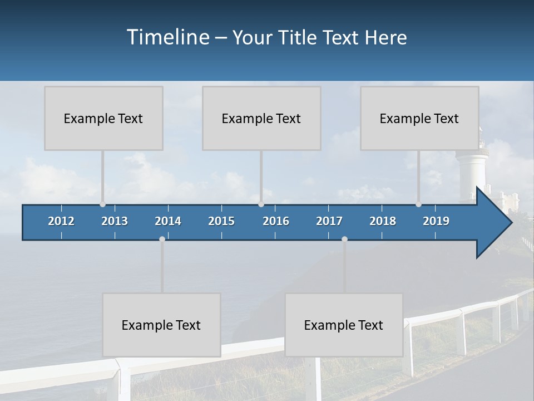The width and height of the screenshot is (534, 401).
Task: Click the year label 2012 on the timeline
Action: [61, 221]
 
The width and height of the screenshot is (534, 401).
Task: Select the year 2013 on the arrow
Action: [115, 221]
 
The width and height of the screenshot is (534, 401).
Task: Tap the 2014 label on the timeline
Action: [168, 221]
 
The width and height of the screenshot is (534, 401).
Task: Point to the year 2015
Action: [221, 221]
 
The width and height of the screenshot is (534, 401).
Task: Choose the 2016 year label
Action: [276, 221]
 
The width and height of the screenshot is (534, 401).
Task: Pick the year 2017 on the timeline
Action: [329, 221]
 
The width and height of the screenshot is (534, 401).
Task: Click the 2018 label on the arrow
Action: [383, 221]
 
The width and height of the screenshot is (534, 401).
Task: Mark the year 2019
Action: [436, 221]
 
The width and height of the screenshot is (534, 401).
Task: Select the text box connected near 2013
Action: [103, 118]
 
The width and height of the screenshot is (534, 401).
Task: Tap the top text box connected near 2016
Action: [261, 118]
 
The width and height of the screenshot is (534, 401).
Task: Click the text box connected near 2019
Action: [419, 118]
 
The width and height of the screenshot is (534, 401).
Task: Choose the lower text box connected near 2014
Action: [161, 325]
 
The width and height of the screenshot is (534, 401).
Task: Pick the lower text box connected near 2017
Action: [344, 325]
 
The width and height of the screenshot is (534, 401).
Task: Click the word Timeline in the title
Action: [167, 37]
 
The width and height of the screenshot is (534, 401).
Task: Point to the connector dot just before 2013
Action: [102, 204]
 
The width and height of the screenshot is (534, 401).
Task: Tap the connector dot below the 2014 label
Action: [162, 239]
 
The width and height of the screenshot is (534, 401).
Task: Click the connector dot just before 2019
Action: [418, 204]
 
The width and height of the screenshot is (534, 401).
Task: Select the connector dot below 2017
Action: [344, 239]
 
